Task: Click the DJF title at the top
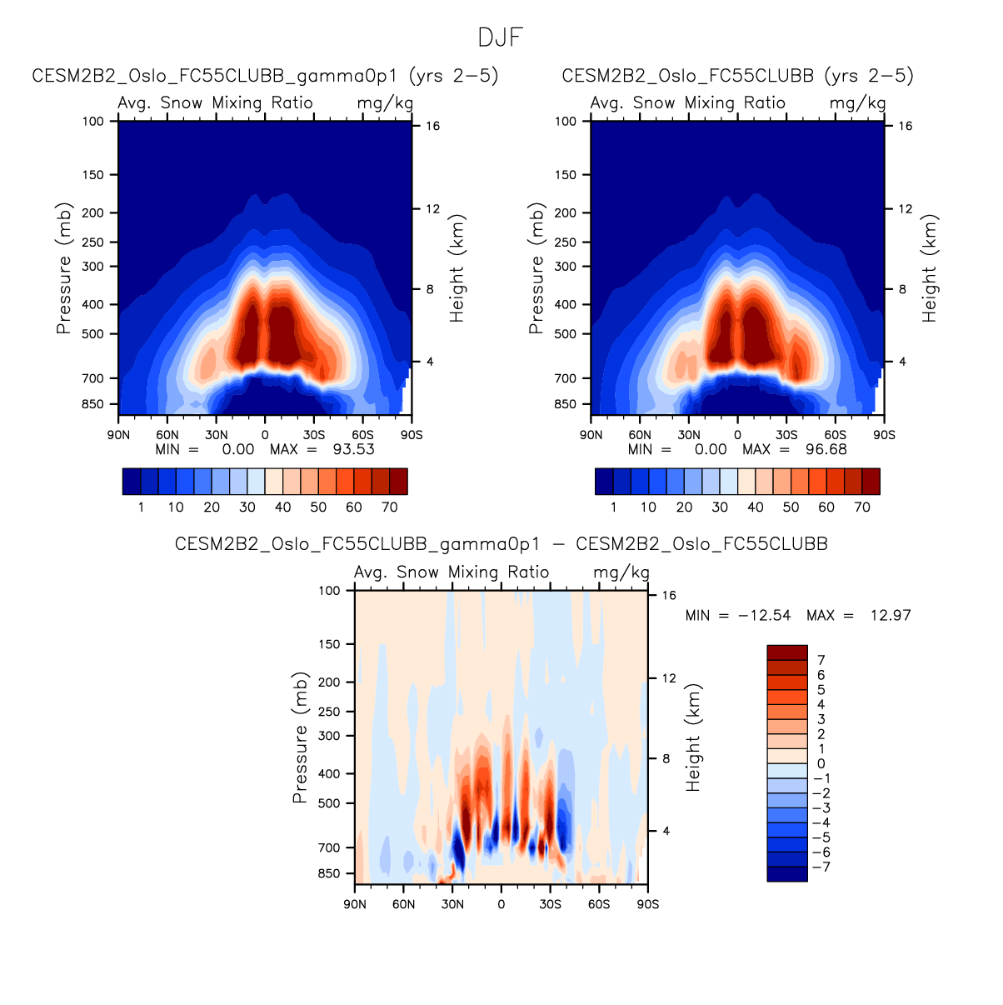[x=501, y=37]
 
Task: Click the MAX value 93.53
[x=353, y=449]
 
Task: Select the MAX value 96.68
[x=826, y=449]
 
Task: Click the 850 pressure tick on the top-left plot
[x=93, y=404]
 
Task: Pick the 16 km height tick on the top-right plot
[x=906, y=126]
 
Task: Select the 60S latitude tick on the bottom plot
[x=599, y=904]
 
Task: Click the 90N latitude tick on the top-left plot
[x=119, y=435]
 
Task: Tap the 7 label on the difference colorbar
[x=821, y=660]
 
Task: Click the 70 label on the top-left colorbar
[x=389, y=507]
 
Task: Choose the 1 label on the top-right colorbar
[x=614, y=507]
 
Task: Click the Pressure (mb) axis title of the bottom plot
[x=300, y=738]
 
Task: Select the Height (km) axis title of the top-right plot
[x=930, y=268]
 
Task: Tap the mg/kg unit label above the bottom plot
[x=621, y=572]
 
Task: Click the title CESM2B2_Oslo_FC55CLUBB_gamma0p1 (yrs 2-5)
[x=265, y=76]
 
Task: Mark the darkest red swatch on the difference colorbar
[x=787, y=652]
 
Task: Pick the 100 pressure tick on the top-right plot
[x=566, y=121]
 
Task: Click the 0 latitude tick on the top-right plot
[x=737, y=435]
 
